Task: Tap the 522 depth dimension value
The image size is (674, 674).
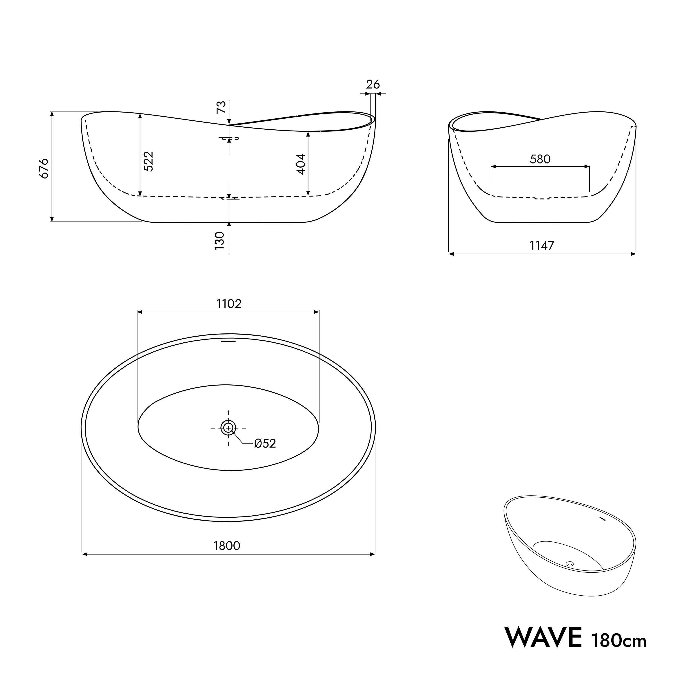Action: click(x=149, y=161)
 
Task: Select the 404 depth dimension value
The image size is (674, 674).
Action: click(x=301, y=164)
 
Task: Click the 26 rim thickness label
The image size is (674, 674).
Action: click(x=373, y=84)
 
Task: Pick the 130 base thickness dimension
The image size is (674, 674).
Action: click(x=219, y=241)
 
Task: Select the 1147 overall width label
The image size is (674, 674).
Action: click(x=542, y=246)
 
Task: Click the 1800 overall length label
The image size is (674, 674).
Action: click(x=227, y=546)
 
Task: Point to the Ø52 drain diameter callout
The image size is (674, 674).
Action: click(x=265, y=443)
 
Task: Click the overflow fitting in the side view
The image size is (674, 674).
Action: click(x=229, y=138)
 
